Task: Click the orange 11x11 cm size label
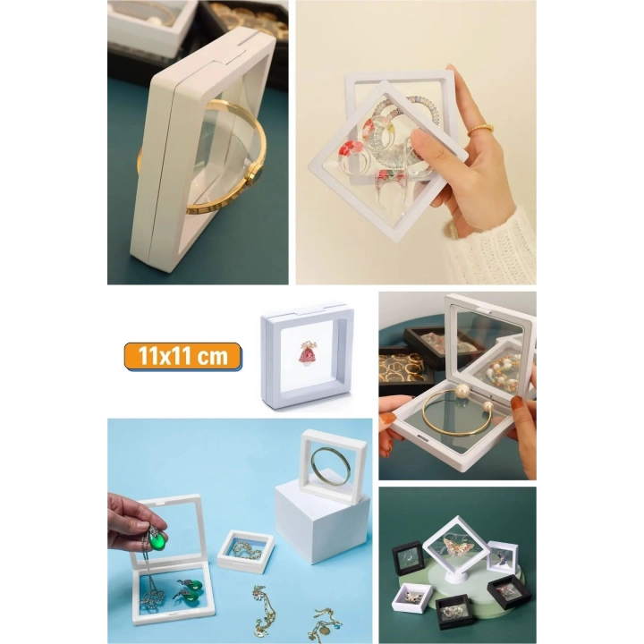pos(183,357)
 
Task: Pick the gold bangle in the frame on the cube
pos(333,464)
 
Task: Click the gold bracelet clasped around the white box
pos(206,170)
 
